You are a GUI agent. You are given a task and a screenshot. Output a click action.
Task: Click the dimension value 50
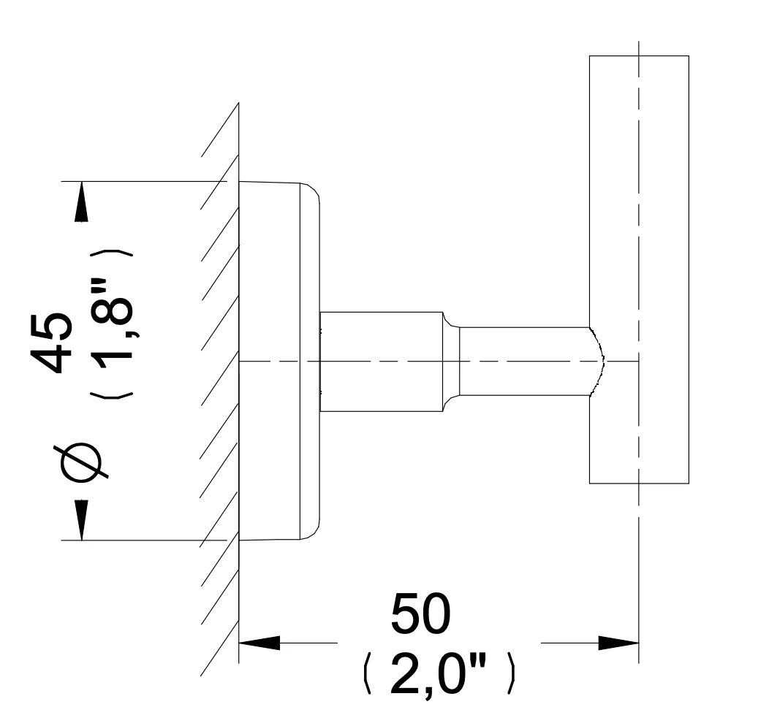tap(420, 614)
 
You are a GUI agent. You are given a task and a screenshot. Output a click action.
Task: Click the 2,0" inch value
tap(439, 674)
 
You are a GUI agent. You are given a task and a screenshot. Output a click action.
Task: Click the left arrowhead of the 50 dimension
tap(260, 643)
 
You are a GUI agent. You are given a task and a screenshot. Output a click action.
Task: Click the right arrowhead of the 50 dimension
tap(618, 643)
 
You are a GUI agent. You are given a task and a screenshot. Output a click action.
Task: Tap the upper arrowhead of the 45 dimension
tap(81, 202)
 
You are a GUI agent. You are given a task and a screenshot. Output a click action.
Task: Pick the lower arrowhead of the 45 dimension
tap(81, 520)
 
